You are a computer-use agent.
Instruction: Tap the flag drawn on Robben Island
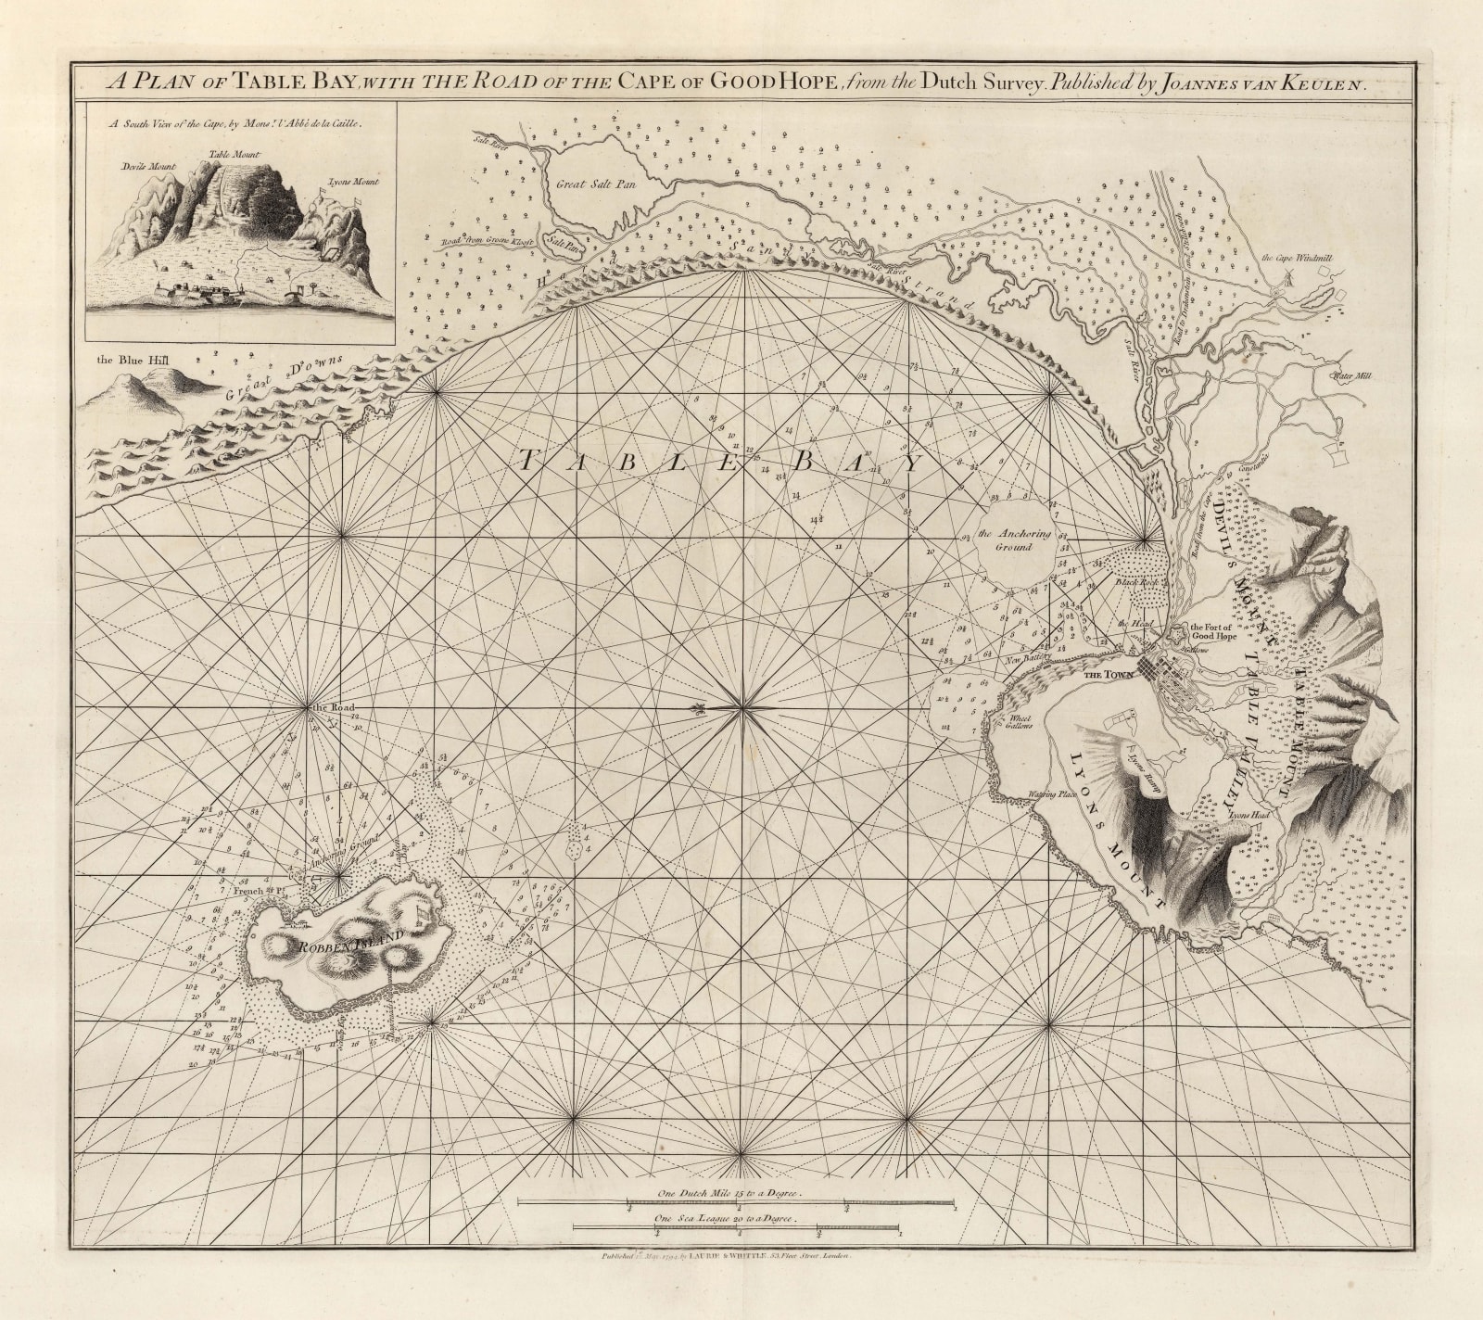coord(420,913)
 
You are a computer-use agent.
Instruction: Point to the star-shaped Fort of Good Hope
coord(1175,636)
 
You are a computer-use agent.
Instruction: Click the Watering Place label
coord(1048,794)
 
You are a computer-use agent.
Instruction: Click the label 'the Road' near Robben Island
coord(334,708)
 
